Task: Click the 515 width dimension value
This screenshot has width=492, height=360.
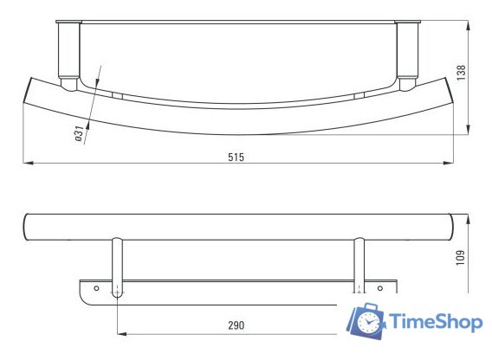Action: [236, 157]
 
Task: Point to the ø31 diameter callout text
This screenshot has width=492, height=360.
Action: [79, 133]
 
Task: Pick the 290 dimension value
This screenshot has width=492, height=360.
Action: [236, 325]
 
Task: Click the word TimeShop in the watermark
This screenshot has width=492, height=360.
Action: [435, 322]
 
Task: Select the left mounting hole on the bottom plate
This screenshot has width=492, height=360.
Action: [97, 286]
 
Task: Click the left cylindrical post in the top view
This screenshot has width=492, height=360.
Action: [68, 54]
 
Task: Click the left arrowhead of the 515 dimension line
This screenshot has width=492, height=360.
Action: [25, 163]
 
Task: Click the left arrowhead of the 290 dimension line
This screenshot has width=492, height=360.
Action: [120, 332]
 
